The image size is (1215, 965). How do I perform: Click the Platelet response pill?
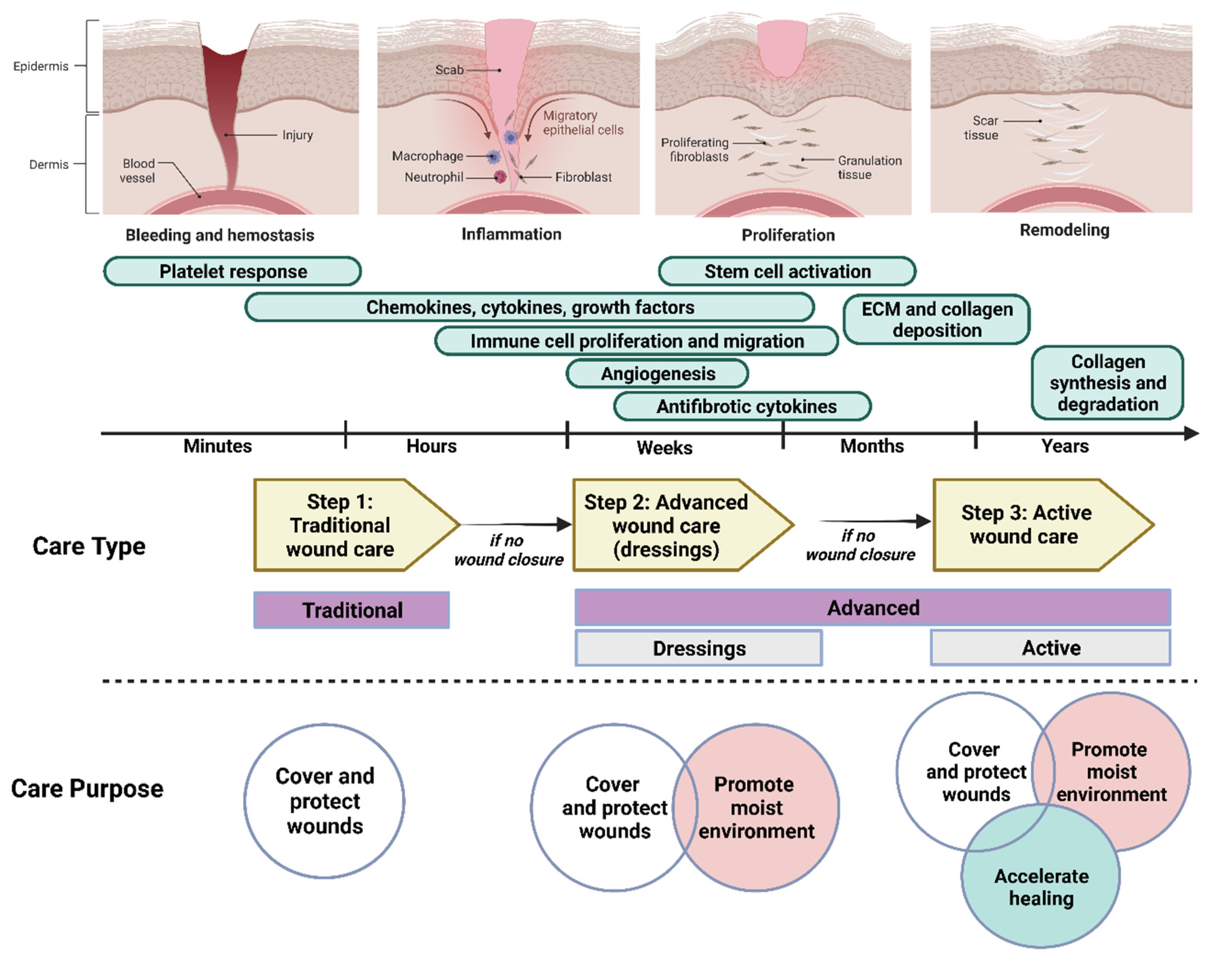[x=232, y=271]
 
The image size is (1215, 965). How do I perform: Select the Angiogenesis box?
[x=657, y=374]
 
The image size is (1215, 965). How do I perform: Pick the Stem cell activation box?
[x=787, y=271]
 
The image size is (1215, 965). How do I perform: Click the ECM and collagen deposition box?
[x=937, y=319]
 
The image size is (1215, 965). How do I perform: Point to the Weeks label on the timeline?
[x=665, y=448]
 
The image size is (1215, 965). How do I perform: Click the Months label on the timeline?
[x=872, y=446]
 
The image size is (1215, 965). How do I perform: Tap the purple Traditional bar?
[x=352, y=610]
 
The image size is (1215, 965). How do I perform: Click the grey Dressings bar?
[x=699, y=648]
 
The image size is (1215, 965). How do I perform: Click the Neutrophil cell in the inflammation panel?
[x=500, y=177]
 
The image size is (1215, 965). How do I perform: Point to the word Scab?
[x=449, y=70]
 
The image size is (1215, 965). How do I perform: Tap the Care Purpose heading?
[x=87, y=788]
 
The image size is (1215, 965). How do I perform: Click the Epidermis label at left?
[x=41, y=66]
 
